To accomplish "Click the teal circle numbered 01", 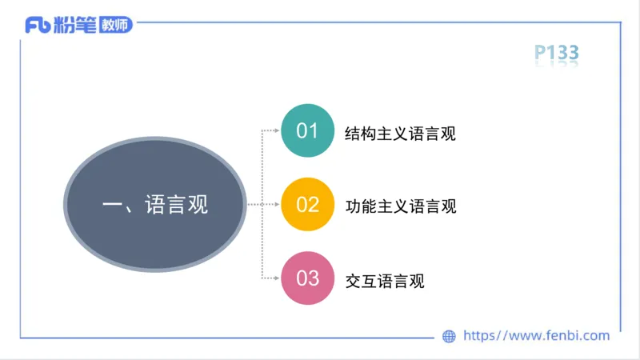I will click(x=307, y=130).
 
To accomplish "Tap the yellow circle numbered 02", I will click(x=307, y=205).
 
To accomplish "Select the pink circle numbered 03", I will click(x=307, y=279).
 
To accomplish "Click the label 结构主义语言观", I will click(x=400, y=133).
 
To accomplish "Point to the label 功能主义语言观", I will click(x=400, y=206).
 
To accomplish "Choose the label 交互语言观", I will click(x=384, y=281).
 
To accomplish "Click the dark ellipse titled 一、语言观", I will click(x=155, y=205).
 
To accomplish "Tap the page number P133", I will click(x=556, y=54).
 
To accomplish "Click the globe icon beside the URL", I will click(x=449, y=336).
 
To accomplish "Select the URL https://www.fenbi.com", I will click(x=537, y=336).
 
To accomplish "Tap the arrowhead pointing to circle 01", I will click(x=274, y=130).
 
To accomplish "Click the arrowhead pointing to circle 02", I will click(x=274, y=205).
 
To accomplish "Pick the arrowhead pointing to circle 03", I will click(x=274, y=279).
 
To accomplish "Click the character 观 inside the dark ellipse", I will click(x=197, y=205).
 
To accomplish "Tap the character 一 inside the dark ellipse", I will click(x=112, y=205).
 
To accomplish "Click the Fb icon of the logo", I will click(x=38, y=26).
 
